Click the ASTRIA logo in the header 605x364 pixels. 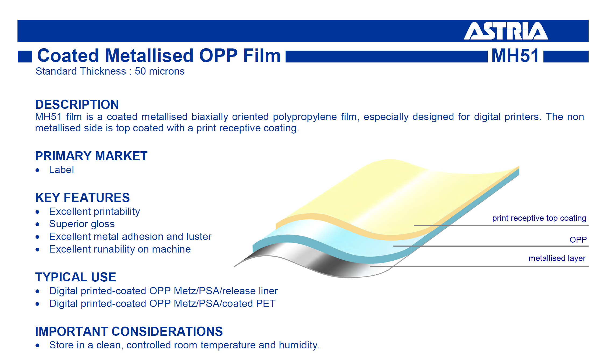tap(506, 31)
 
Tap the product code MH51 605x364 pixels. tap(515, 56)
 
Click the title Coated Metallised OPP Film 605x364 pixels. tap(159, 56)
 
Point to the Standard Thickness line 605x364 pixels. tap(110, 71)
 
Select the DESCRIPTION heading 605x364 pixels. tap(77, 104)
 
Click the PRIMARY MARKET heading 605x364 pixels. tap(91, 156)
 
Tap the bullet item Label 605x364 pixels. tap(61, 170)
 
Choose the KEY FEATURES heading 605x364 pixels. tap(82, 198)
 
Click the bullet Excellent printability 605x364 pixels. tap(94, 212)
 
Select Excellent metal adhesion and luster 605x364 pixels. tap(130, 237)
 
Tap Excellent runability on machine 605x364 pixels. tap(120, 250)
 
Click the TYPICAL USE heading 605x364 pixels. tap(76, 277)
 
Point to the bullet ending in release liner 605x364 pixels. tap(163, 291)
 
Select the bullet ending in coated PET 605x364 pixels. tap(162, 304)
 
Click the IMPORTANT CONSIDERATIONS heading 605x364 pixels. tap(129, 331)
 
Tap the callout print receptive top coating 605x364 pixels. tap(539, 218)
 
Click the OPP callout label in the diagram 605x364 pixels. tap(578, 240)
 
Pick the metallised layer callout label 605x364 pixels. tap(557, 258)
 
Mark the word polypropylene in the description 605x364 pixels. tap(305, 117)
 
